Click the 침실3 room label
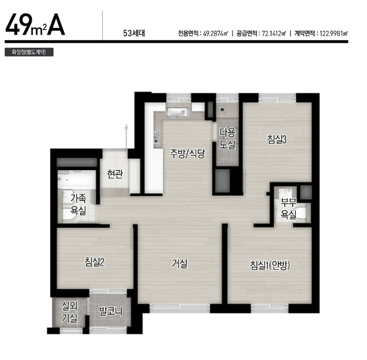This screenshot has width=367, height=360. coord(277,139)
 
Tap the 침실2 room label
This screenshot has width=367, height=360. coord(94,262)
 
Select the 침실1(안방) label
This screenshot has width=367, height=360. coord(270,265)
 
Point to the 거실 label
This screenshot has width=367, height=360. coord(180,264)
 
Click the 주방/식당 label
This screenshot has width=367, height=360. coord(187,153)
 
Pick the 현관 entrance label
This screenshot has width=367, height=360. coord(114,174)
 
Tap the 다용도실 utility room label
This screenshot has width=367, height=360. coord(227,138)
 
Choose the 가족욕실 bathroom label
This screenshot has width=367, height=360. coord(79,205)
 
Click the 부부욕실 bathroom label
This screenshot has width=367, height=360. coord(289,208)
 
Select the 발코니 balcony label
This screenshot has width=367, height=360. coord(110,311)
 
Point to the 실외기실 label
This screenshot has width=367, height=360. coord(69,312)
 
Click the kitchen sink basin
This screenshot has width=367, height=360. coord(178,112)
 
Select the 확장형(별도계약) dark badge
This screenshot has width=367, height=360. coord(29,52)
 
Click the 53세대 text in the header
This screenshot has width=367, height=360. coord(134,33)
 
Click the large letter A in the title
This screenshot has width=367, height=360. coord(56,24)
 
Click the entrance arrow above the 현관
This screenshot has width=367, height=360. coord(126,136)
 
